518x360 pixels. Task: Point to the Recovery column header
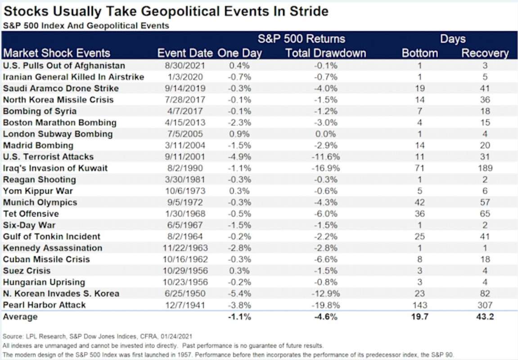pyautogui.click(x=485, y=53)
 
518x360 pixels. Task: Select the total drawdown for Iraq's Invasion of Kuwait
pyautogui.click(x=326, y=168)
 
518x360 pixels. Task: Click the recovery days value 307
pyautogui.click(x=485, y=305)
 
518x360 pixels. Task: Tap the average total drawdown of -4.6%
pyautogui.click(x=326, y=317)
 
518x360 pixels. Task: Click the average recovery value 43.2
pyautogui.click(x=485, y=317)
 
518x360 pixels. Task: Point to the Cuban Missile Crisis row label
pyautogui.click(x=46, y=259)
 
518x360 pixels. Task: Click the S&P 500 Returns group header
pyautogui.click(x=301, y=39)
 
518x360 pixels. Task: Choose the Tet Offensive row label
pyautogui.click(x=31, y=214)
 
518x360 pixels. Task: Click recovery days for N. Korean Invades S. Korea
pyautogui.click(x=485, y=293)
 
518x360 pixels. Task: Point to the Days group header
pyautogui.click(x=452, y=39)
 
